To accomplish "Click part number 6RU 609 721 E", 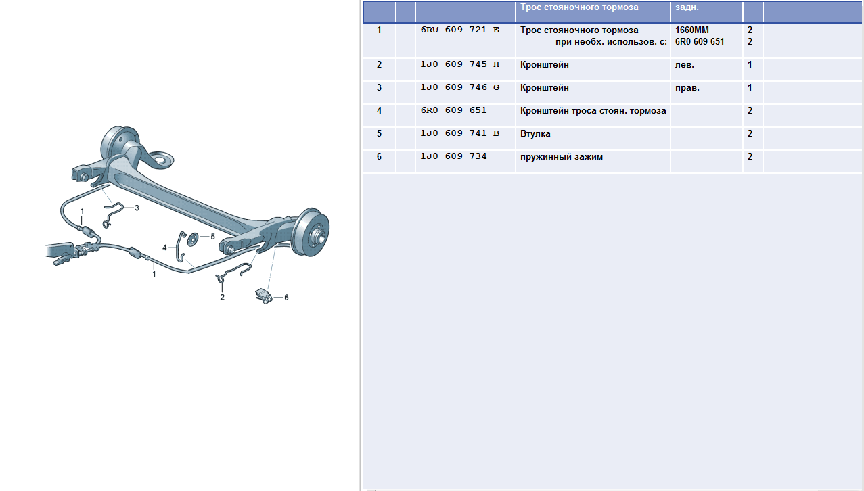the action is pyautogui.click(x=460, y=30).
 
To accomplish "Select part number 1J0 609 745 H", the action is pyautogui.click(x=460, y=64).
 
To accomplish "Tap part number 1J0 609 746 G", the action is pyautogui.click(x=460, y=87).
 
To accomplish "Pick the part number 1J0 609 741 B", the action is pyautogui.click(x=460, y=133).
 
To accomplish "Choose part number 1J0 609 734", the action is pyautogui.click(x=453, y=156).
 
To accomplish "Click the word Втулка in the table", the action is pyautogui.click(x=535, y=133).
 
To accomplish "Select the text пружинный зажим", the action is pyautogui.click(x=562, y=157).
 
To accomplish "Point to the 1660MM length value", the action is pyautogui.click(x=692, y=30).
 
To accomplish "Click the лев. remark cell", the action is pyautogui.click(x=685, y=65).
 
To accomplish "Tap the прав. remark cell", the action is pyautogui.click(x=687, y=88).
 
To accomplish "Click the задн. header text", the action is pyautogui.click(x=687, y=7).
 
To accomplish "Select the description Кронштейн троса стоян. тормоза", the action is pyautogui.click(x=593, y=111).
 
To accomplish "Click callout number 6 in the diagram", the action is pyautogui.click(x=286, y=298).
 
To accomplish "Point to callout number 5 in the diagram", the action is pyautogui.click(x=212, y=237).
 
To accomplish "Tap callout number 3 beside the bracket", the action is pyautogui.click(x=137, y=208).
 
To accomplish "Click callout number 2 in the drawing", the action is pyautogui.click(x=222, y=297).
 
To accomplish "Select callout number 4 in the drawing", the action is pyautogui.click(x=164, y=248).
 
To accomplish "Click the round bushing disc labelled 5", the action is pyautogui.click(x=192, y=239).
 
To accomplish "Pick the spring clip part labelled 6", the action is pyautogui.click(x=264, y=296).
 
